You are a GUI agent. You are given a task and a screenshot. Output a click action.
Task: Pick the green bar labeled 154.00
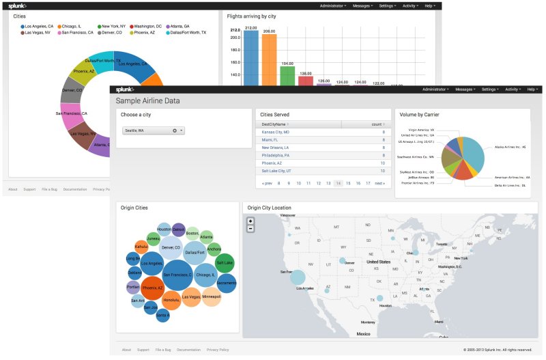pos(287,75)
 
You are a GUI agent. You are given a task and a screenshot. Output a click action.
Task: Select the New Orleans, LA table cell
pos(275,147)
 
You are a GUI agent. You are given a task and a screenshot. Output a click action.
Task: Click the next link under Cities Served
pos(379,183)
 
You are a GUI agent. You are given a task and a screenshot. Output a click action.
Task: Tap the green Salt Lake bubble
pos(225,262)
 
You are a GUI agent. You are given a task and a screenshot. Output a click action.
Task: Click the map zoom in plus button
pos(250,221)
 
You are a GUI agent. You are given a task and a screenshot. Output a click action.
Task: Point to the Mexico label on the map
pos(363,334)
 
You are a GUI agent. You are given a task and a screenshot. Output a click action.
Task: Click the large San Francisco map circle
pos(298,276)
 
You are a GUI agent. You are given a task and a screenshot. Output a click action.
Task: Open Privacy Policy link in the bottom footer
pos(218,349)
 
